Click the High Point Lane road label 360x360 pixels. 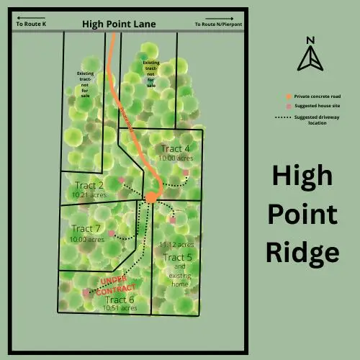(119, 24)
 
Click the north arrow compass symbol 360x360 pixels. (310, 56)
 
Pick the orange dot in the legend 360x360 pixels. (289, 96)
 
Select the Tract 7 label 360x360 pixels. (86, 229)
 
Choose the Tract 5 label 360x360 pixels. (178, 257)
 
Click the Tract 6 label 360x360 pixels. (120, 300)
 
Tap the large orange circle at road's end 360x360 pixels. (151, 197)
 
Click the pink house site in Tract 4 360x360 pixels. (186, 172)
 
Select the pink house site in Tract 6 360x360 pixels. (86, 292)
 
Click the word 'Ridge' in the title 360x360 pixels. (303, 252)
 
